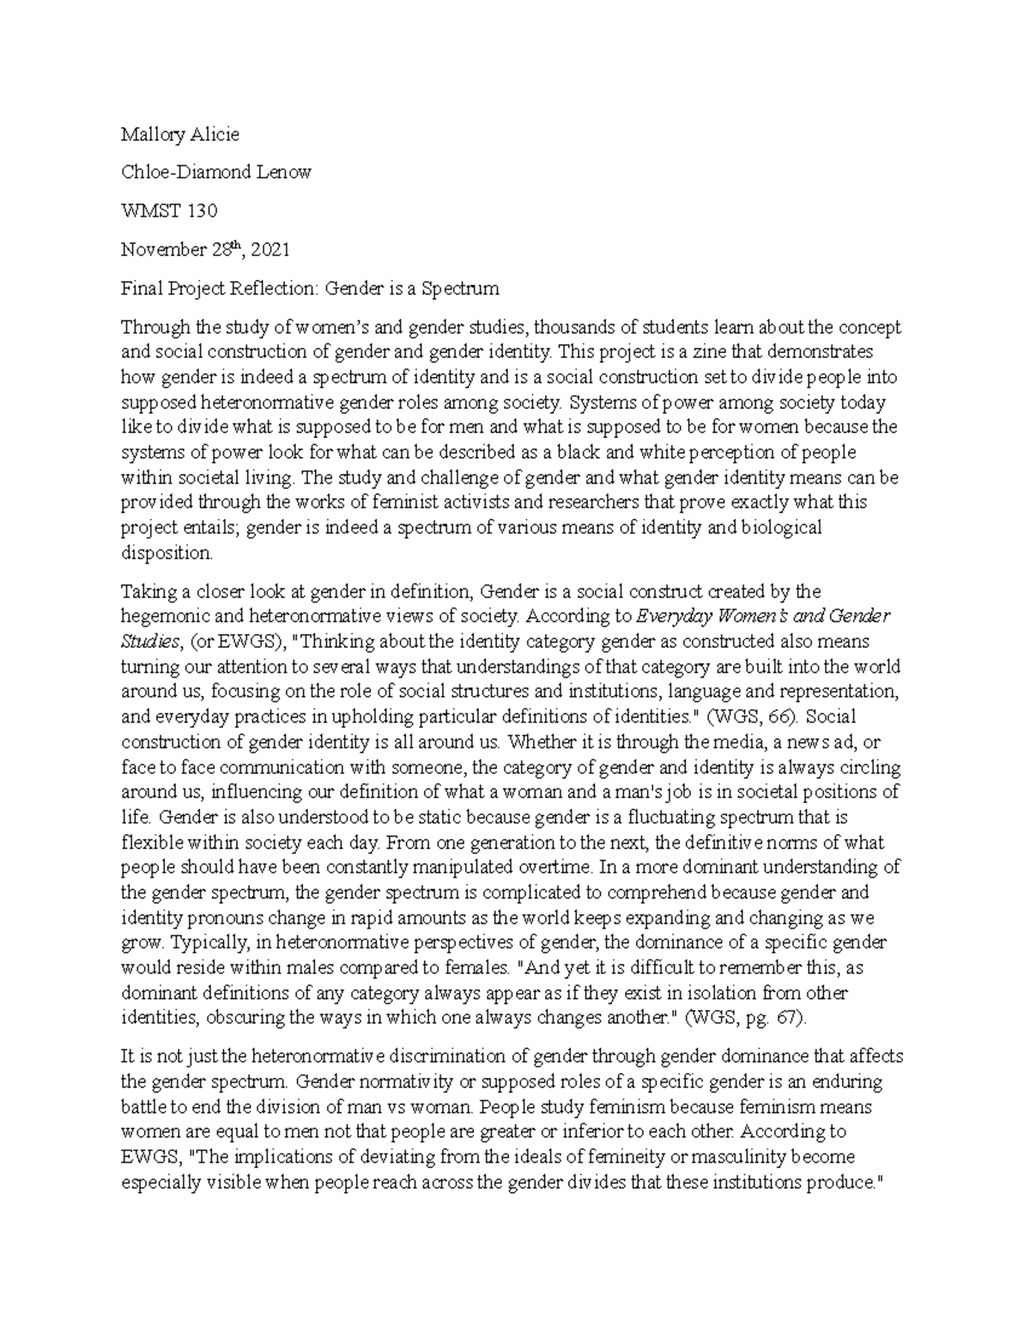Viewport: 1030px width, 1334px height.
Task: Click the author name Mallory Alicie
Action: (x=179, y=134)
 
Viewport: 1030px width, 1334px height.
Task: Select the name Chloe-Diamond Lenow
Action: (x=215, y=172)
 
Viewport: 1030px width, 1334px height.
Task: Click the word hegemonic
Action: (x=162, y=616)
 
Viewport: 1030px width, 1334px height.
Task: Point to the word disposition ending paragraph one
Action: (x=165, y=553)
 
